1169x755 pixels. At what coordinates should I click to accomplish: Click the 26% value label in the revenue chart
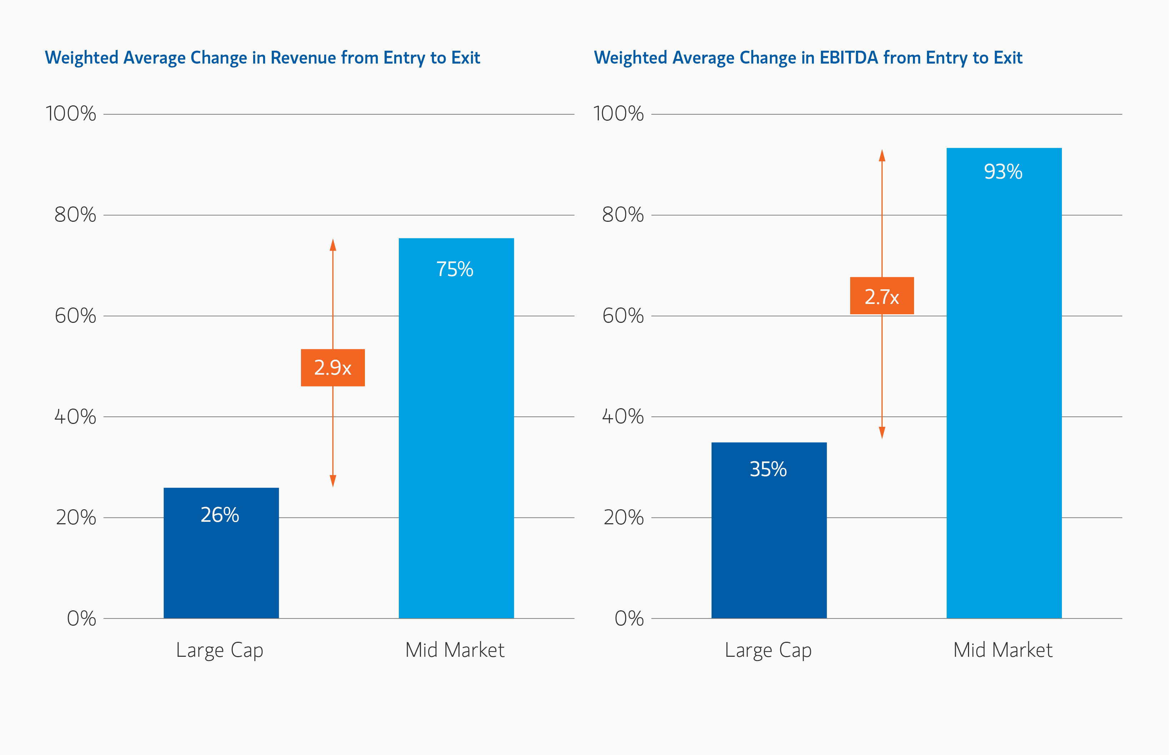pos(220,515)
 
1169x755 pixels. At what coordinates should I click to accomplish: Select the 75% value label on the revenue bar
pos(455,269)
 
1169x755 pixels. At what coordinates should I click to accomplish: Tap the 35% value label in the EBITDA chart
pos(768,469)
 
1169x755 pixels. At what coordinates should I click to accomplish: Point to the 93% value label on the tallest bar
pos(1003,171)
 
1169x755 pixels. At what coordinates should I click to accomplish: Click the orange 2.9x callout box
pos(333,368)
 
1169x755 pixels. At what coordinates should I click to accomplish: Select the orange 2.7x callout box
pos(882,296)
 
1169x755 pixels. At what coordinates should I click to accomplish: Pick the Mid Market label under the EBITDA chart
pos(1003,650)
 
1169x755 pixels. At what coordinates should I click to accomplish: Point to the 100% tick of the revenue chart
pos(71,114)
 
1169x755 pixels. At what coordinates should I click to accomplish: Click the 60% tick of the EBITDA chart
pos(623,316)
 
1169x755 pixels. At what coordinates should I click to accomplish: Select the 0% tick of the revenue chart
pos(81,618)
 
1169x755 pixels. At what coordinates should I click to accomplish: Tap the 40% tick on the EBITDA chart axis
pos(623,417)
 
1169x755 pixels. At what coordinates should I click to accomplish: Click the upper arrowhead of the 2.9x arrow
pos(333,245)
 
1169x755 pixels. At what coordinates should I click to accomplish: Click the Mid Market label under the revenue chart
pos(455,650)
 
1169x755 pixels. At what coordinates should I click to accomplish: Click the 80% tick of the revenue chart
pos(75,215)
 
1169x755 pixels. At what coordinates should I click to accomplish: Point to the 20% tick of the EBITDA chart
pos(623,518)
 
